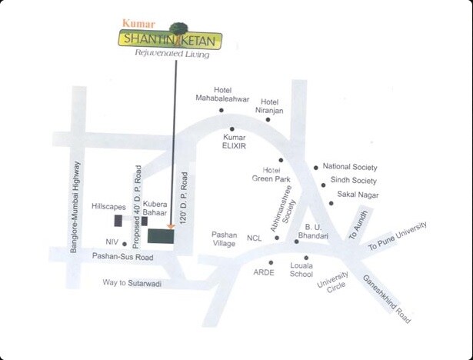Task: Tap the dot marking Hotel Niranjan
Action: click(268, 119)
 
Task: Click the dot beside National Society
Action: click(315, 167)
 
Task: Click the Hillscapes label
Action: click(109, 208)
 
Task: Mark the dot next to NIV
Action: click(125, 244)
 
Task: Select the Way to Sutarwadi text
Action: click(135, 282)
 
